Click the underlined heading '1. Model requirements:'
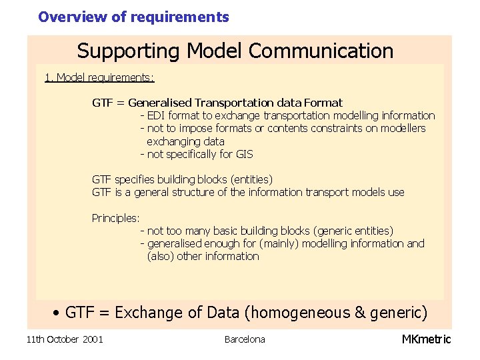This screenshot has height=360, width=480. click(99, 78)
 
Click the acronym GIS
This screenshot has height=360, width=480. click(244, 155)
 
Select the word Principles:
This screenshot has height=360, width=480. click(115, 218)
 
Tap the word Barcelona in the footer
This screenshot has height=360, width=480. click(245, 339)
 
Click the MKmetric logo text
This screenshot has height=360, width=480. click(426, 339)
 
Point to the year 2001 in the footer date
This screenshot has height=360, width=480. click(92, 340)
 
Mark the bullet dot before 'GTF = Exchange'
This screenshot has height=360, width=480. click(58, 313)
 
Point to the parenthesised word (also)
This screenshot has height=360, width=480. click(160, 257)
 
